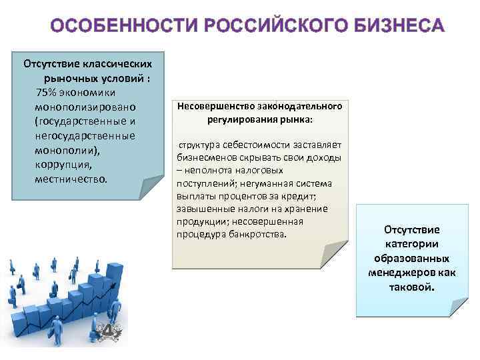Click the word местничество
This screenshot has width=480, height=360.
[x=70, y=179]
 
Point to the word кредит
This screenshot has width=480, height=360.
[x=306, y=197]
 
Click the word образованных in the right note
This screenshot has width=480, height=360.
[x=411, y=258]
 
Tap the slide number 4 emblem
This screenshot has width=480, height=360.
[x=107, y=332]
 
